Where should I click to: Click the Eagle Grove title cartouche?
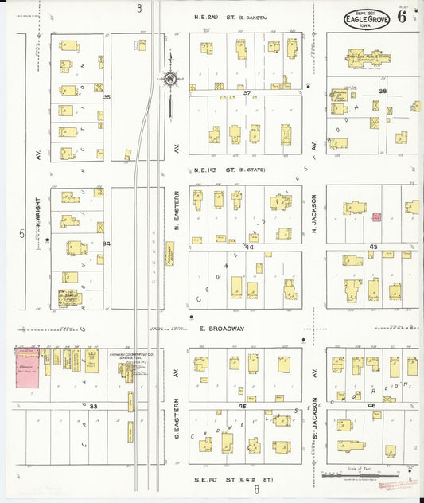pyautogui.click(x=367, y=20)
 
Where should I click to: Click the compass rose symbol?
pyautogui.click(x=169, y=78)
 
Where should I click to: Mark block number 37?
pyautogui.click(x=247, y=93)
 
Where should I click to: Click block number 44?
pyautogui.click(x=248, y=248)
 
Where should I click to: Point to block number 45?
pyautogui.click(x=242, y=406)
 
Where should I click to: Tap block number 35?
pyautogui.click(x=106, y=96)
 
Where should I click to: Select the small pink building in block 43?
pyautogui.click(x=376, y=216)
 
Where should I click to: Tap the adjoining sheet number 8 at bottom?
pyautogui.click(x=257, y=490)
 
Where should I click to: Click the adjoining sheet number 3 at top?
pyautogui.click(x=138, y=8)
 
